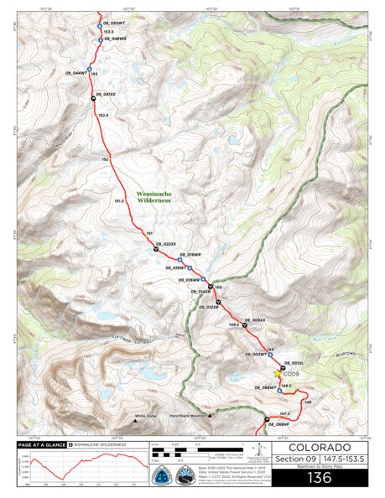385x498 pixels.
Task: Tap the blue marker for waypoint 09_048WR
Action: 100,39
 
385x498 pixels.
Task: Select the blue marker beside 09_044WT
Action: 89,68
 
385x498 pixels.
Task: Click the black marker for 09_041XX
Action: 93,99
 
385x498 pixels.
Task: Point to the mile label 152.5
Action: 103,115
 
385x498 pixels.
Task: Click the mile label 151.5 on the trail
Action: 119,201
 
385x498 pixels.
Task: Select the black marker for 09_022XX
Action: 155,249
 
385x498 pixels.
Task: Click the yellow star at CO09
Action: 278,374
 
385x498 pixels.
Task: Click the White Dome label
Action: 146,416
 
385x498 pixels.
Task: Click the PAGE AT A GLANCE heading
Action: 40,444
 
